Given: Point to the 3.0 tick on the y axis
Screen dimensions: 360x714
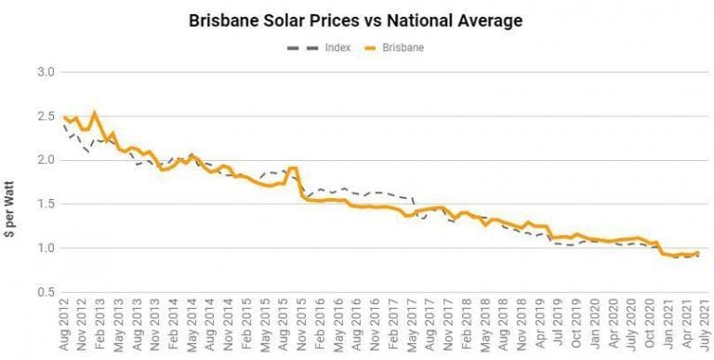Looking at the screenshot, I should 46,73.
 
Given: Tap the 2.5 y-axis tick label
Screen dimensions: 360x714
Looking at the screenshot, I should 46,116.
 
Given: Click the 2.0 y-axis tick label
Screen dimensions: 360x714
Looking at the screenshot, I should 46,160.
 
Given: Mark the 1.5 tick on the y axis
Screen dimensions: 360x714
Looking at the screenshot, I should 46,204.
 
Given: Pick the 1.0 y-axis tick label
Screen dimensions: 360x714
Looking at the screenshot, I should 46,248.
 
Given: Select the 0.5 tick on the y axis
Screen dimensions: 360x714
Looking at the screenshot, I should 46,292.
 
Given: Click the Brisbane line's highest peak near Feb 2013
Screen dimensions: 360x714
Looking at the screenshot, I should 95,113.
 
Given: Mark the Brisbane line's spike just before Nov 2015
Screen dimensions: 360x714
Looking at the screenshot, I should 294,167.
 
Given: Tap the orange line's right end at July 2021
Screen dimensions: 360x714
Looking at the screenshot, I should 698,252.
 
